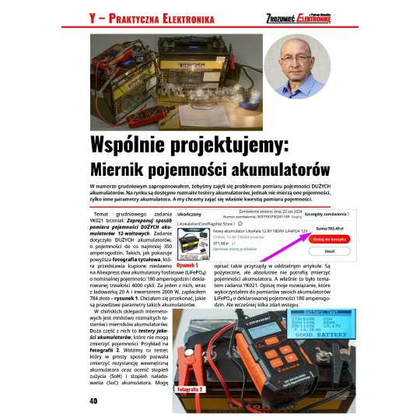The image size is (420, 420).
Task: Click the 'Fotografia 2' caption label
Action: pos(189,388)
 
